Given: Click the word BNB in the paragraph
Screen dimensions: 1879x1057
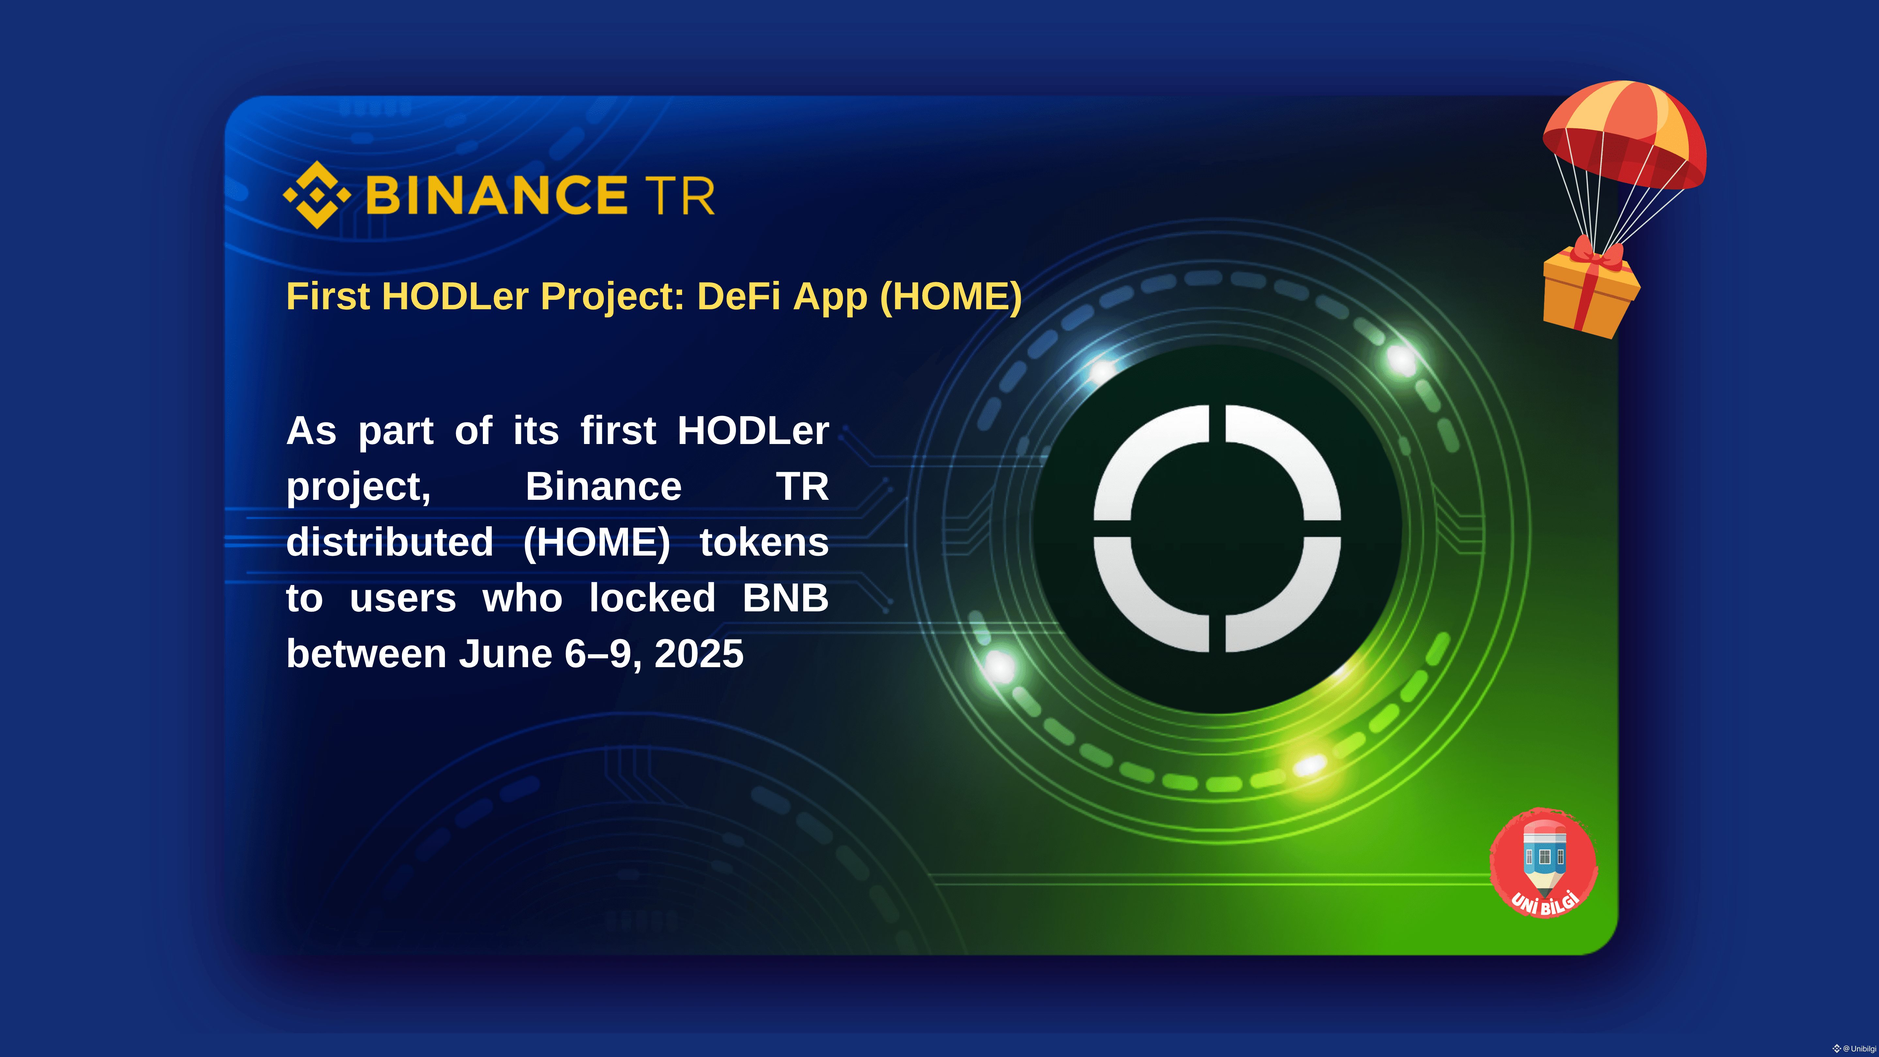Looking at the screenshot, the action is click(786, 598).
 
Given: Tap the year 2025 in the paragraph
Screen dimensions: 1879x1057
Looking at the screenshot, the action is click(699, 653).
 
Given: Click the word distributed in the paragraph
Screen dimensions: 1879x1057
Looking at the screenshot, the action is click(390, 542).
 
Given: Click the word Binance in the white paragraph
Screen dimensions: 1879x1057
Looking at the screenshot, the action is click(603, 486).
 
